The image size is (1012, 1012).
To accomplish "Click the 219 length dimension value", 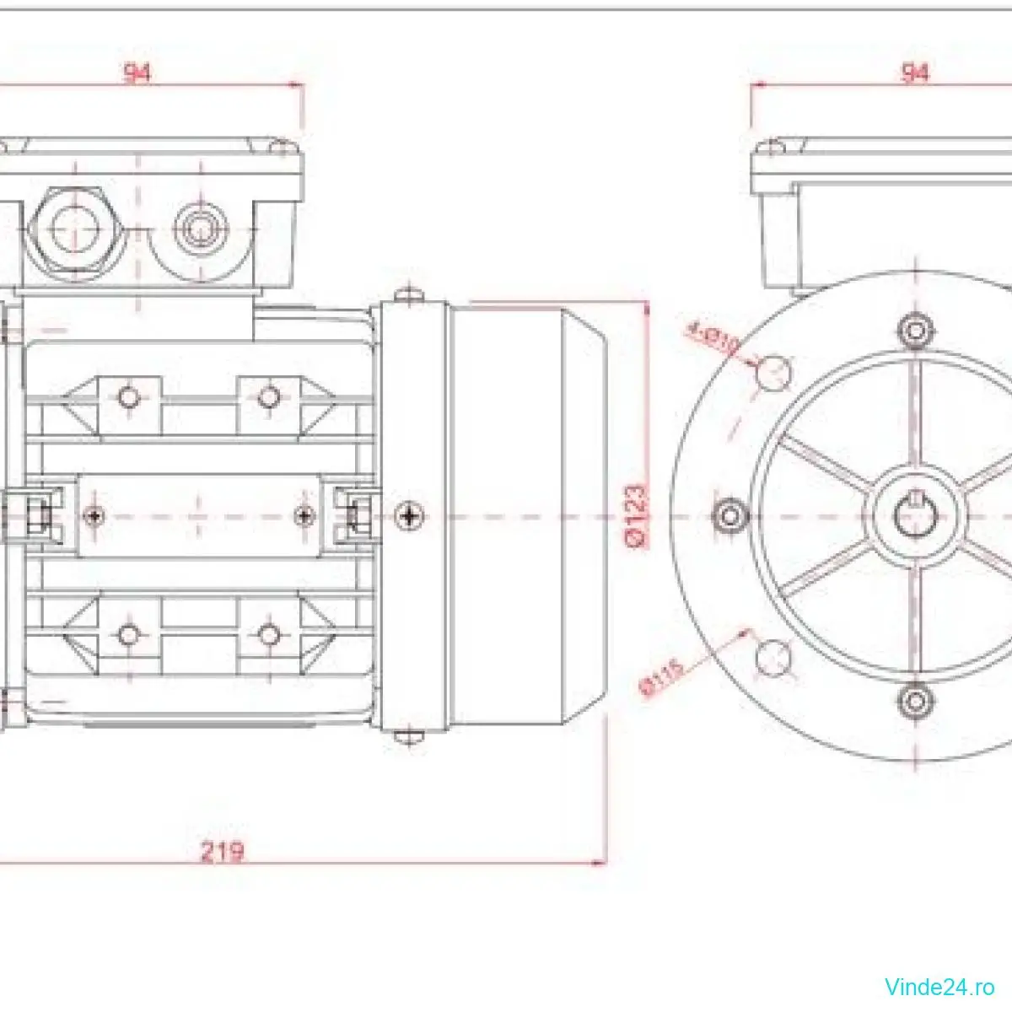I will [x=222, y=851].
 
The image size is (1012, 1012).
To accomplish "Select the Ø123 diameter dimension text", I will [x=638, y=516].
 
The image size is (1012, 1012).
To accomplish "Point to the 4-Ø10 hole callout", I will [x=713, y=336].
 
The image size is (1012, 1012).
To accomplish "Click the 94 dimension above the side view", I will [x=137, y=73].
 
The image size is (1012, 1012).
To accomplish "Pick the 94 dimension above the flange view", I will [x=915, y=73].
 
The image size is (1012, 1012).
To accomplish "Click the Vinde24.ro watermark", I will [x=939, y=986].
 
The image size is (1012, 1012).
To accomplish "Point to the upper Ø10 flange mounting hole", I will [x=775, y=372].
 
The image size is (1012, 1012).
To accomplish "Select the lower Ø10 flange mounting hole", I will [x=775, y=657].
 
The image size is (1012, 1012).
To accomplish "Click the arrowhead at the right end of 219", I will [x=600, y=863].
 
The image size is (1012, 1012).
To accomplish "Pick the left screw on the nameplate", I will [x=94, y=514].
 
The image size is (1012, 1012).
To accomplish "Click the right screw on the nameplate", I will [x=305, y=514].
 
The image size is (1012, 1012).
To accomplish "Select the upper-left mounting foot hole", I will [x=128, y=396].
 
